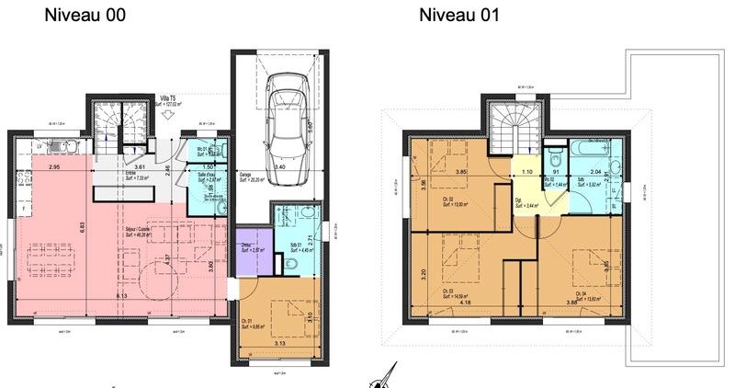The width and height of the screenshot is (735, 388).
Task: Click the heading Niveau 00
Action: tap(85, 16)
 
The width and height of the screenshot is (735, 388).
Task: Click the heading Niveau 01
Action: tap(459, 16)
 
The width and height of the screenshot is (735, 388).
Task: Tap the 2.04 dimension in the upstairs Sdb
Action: tap(596, 172)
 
